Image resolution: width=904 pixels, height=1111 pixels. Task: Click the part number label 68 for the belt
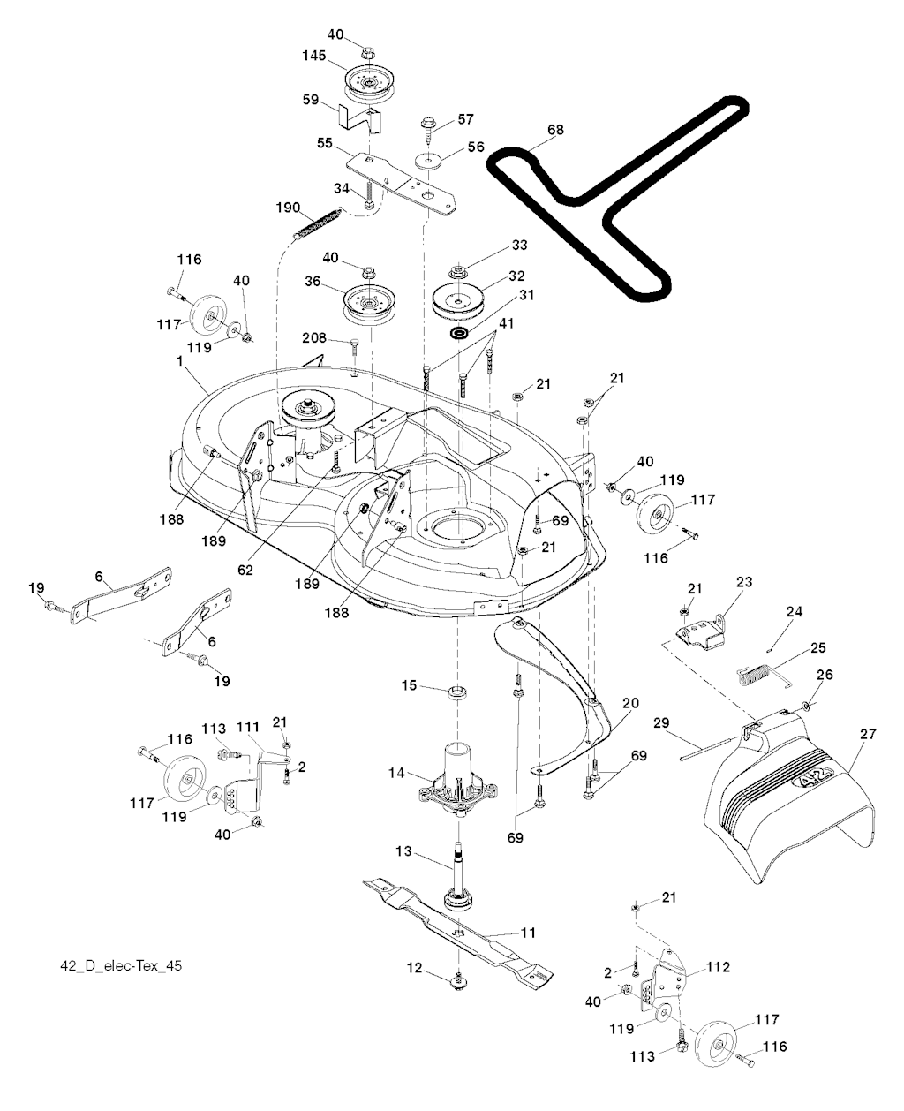(x=554, y=130)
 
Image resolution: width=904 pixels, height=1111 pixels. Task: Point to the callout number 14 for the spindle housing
(x=396, y=774)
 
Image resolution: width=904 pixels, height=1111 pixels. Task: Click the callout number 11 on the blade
(x=529, y=932)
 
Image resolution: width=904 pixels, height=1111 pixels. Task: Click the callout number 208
(x=314, y=338)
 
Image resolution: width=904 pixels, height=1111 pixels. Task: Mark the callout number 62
(x=245, y=571)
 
